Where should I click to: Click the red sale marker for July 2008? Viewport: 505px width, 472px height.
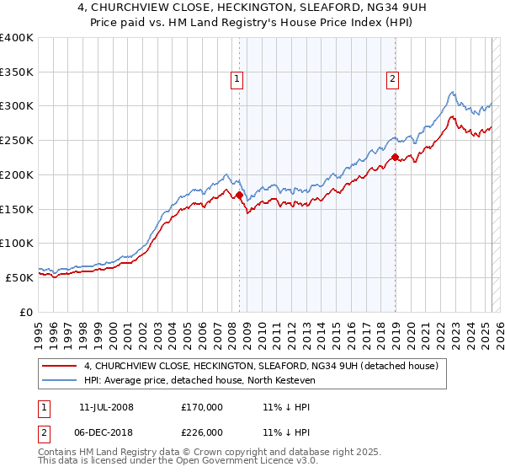pos(239,196)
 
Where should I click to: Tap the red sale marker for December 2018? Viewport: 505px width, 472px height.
pos(394,157)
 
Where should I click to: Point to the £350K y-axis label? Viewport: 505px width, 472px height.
pos(16,72)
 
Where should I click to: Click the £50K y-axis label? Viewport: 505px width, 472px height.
pos(19,277)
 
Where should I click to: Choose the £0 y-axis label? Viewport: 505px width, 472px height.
pos(27,312)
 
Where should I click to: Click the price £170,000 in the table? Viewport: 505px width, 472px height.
pos(202,407)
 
